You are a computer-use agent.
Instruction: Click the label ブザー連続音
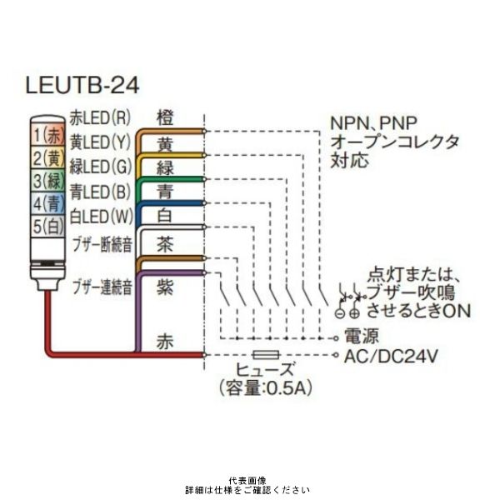click(102, 287)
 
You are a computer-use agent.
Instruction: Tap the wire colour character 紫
click(166, 285)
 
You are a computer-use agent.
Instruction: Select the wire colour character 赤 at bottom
click(166, 342)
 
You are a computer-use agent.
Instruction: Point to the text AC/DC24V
click(392, 357)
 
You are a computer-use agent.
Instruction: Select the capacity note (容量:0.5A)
click(266, 388)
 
